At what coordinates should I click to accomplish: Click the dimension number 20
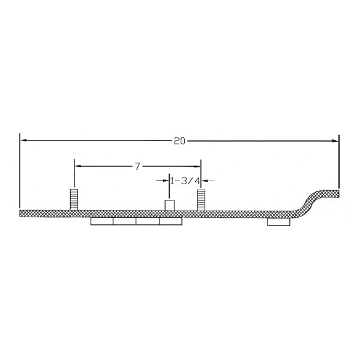[179, 141]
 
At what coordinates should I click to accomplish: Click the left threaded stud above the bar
[74, 199]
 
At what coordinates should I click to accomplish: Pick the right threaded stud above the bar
[201, 199]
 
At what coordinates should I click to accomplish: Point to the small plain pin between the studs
[169, 205]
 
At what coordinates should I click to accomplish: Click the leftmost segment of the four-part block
[102, 222]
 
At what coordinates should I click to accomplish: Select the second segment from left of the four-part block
[125, 222]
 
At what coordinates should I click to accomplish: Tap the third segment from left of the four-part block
[148, 222]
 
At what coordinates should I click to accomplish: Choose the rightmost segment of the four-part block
[171, 222]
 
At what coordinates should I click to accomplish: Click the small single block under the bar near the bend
[278, 222]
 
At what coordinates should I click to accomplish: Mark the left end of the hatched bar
[22, 213]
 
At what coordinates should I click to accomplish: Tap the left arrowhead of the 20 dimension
[24, 140]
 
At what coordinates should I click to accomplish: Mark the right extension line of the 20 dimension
[338, 162]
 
